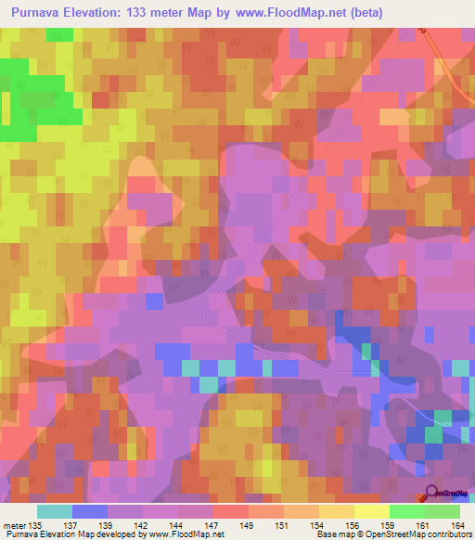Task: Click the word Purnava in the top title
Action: click(x=41, y=13)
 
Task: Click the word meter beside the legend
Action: click(x=14, y=526)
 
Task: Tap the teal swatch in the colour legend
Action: click(x=54, y=511)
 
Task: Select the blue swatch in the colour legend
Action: click(x=89, y=511)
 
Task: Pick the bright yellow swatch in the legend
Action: click(x=371, y=511)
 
